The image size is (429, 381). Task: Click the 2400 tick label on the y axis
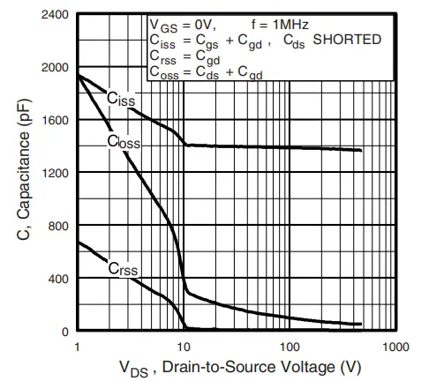pos(54,16)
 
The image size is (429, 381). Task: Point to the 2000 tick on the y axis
pos(54,68)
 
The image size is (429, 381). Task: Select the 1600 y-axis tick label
pos(54,121)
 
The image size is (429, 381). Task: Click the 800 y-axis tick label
pos(57,227)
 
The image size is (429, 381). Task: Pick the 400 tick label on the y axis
pos(57,280)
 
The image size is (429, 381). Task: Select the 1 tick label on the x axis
pos(79,347)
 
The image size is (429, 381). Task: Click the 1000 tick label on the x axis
pos(393,347)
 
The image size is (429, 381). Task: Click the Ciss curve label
pos(121,101)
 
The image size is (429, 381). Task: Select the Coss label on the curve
pos(124,143)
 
